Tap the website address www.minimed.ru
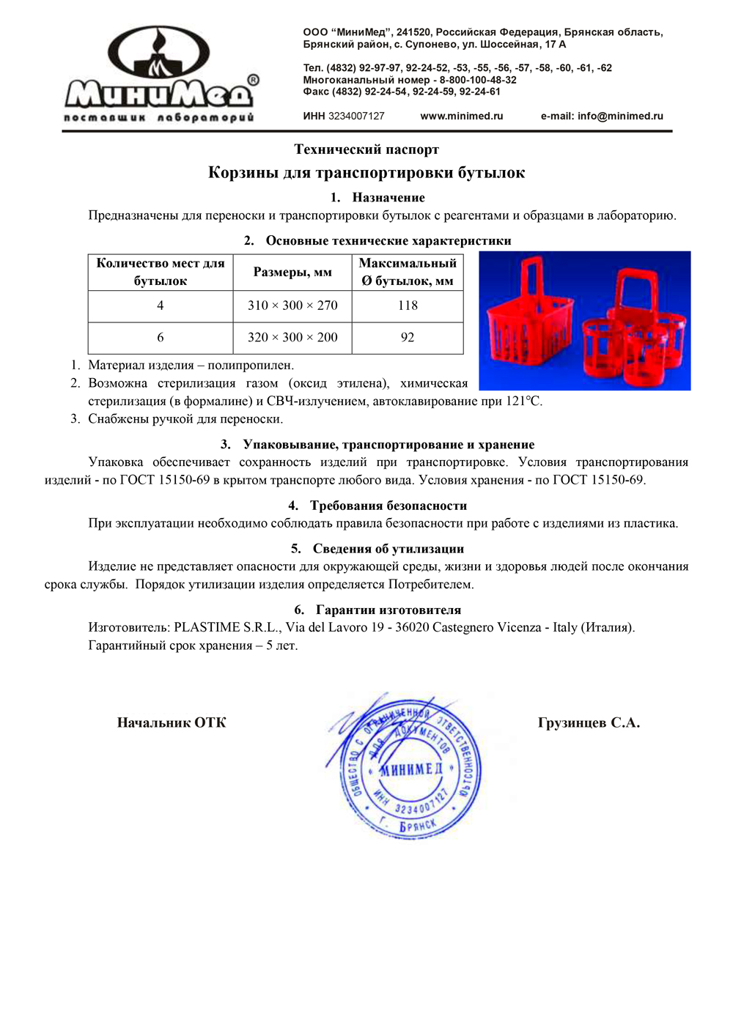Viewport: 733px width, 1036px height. tap(461, 116)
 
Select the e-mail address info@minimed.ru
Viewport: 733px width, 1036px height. tap(619, 116)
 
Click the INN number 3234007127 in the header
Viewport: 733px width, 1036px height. tap(356, 116)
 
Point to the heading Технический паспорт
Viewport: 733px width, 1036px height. tap(366, 149)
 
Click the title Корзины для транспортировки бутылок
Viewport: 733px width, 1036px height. tap(366, 173)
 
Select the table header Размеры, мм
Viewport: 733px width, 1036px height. tap(292, 272)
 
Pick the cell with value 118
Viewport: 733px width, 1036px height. tap(408, 306)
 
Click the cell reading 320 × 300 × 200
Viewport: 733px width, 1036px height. tap(292, 337)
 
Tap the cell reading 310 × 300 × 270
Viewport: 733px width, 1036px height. tap(292, 306)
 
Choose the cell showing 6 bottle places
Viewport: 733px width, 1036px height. tap(161, 337)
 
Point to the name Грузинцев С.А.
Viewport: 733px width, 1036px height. tap(589, 722)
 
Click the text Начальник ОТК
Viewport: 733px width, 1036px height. tap(172, 722)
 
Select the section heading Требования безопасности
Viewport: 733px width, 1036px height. tap(388, 506)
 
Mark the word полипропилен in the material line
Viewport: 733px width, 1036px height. tap(250, 365)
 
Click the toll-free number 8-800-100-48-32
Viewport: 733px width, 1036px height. tap(478, 80)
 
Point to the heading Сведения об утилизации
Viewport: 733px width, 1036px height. tap(388, 549)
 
